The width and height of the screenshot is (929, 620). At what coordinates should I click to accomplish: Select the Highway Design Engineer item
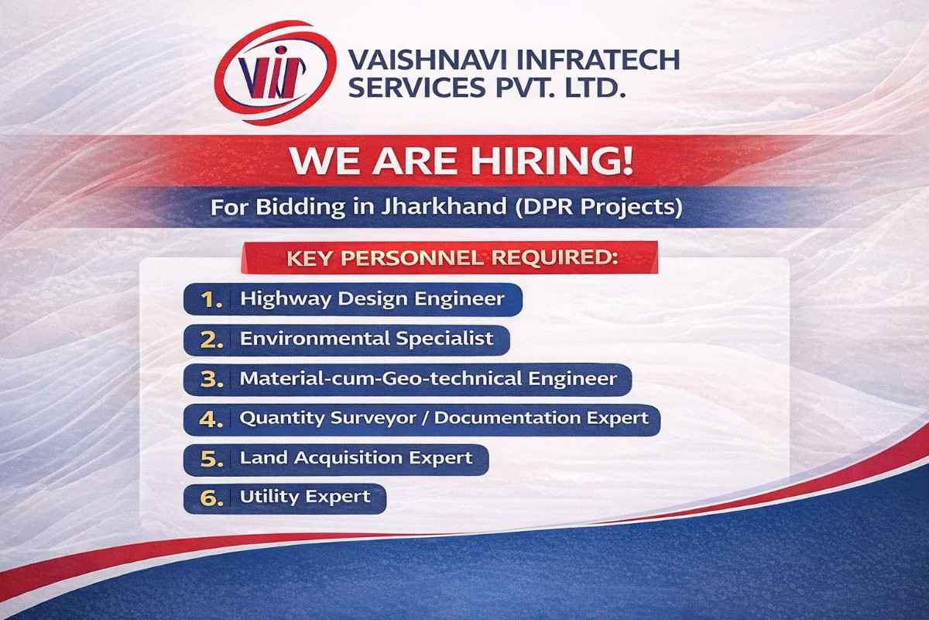[372, 298]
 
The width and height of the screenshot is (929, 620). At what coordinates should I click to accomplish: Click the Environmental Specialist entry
[366, 339]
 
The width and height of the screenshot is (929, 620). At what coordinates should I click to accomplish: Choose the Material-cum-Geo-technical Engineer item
[428, 379]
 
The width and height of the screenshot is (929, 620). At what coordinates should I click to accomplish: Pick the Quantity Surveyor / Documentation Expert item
[444, 418]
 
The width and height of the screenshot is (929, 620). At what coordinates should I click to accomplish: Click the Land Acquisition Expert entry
[356, 458]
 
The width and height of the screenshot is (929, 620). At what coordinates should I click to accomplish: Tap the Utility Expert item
[305, 497]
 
